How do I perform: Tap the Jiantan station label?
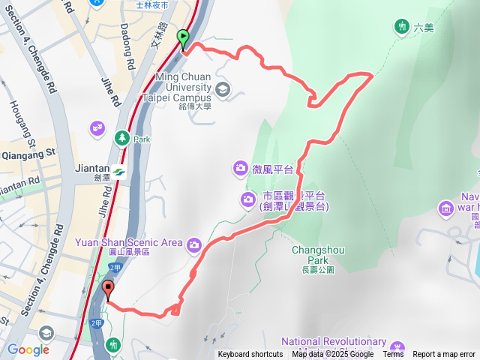[x=93, y=169]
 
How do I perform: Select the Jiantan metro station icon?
[x=120, y=172]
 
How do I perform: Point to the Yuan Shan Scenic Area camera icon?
[x=194, y=244]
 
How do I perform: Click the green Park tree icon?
[x=121, y=138]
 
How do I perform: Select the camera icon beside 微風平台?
[x=241, y=166]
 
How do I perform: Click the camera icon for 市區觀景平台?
[x=248, y=199]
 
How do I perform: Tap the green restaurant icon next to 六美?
[x=402, y=27]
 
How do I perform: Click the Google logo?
[x=28, y=349]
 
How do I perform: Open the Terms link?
[x=393, y=355]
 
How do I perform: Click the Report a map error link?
[x=444, y=355]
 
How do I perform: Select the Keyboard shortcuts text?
[x=250, y=355]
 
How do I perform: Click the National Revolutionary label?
[x=334, y=342]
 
